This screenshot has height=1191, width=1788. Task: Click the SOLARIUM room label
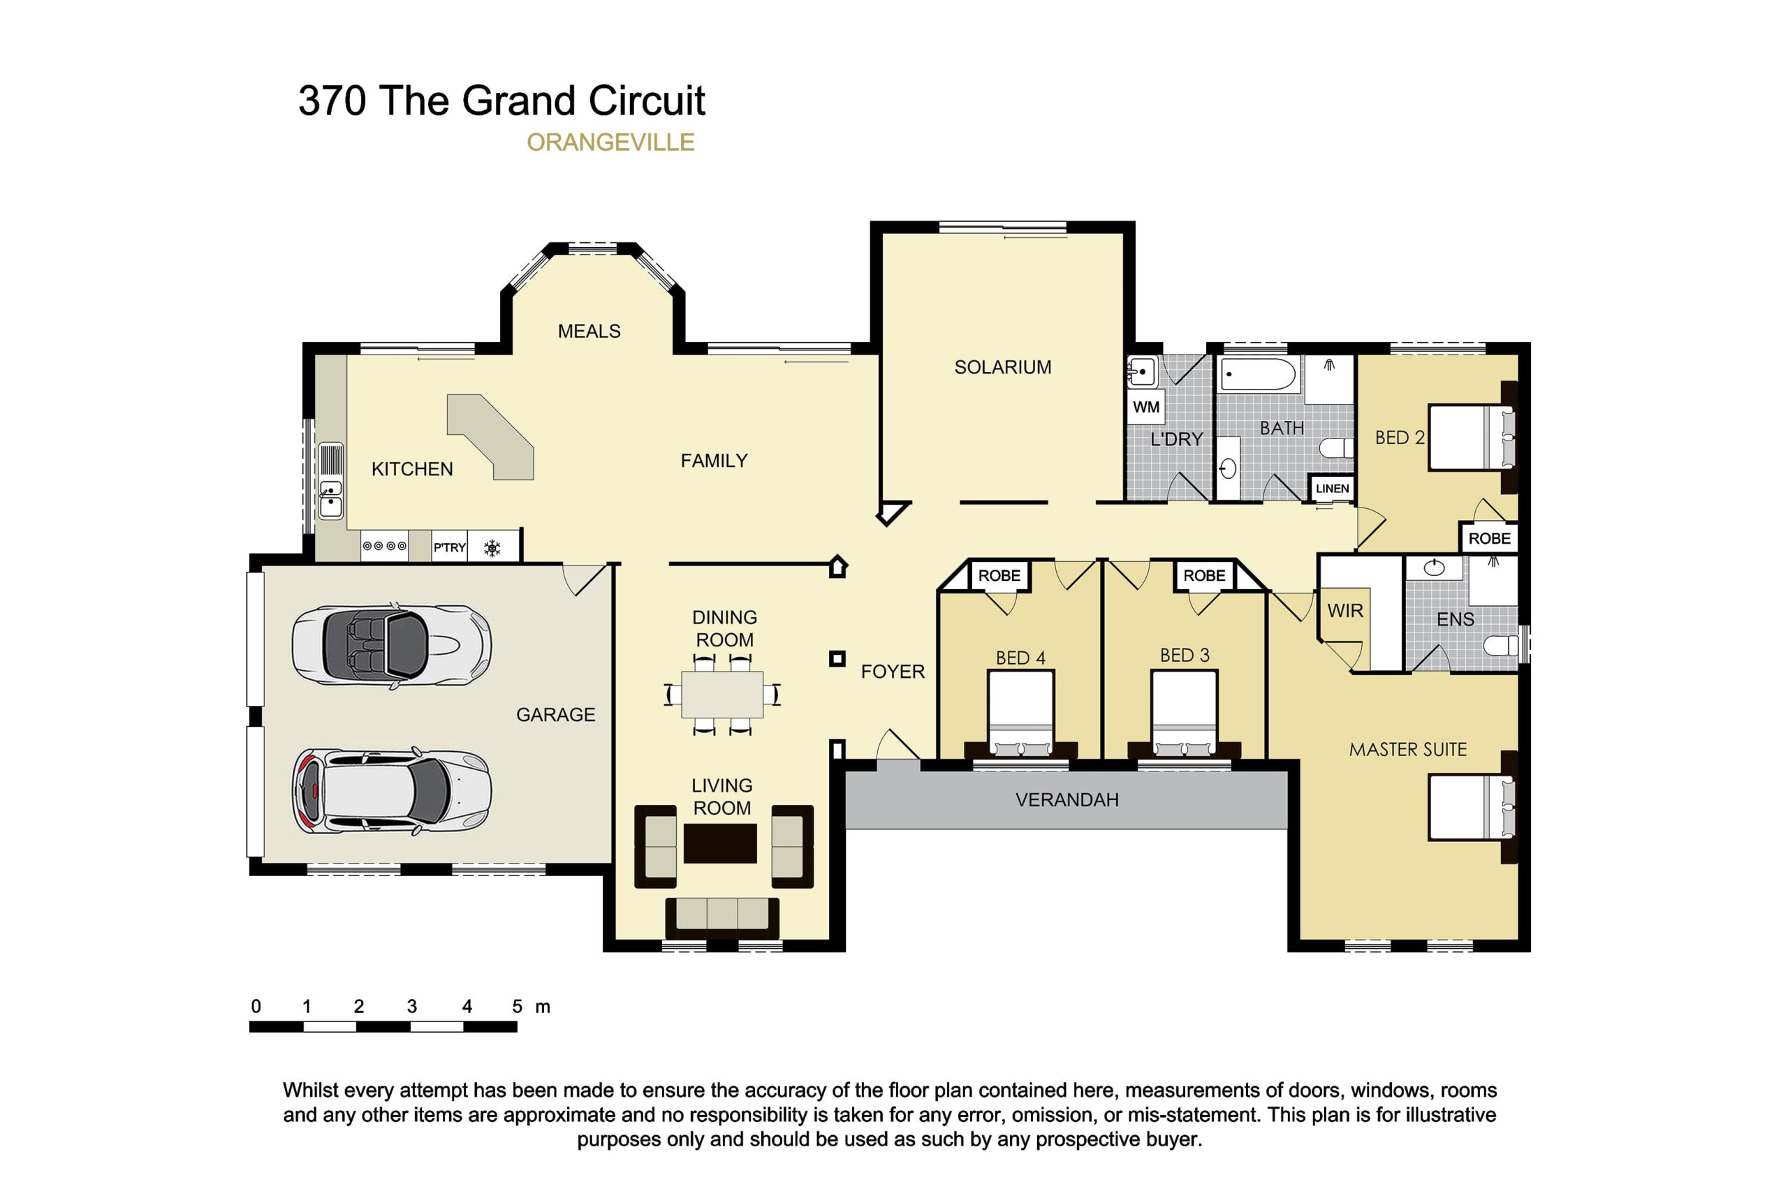[1002, 367]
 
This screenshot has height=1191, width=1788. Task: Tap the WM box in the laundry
[1145, 406]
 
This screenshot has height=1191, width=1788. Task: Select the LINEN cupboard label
[1332, 489]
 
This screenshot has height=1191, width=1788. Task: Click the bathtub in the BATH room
[1258, 374]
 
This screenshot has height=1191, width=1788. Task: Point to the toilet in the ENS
[1501, 646]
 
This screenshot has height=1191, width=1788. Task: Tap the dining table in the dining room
[722, 694]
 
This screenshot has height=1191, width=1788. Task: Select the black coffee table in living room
[719, 843]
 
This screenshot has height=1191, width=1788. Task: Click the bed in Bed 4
[1020, 714]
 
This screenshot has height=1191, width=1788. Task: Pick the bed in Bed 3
[1185, 714]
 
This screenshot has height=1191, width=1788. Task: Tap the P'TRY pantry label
[449, 547]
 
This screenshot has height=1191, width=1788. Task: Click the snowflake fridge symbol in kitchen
[492, 547]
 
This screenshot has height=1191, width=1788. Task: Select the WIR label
[1345, 611]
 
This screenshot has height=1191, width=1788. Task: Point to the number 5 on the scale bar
[517, 1007]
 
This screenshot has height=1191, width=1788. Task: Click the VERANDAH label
[1067, 800]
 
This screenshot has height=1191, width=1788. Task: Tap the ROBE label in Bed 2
[1489, 538]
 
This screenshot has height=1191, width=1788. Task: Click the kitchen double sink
[330, 499]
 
